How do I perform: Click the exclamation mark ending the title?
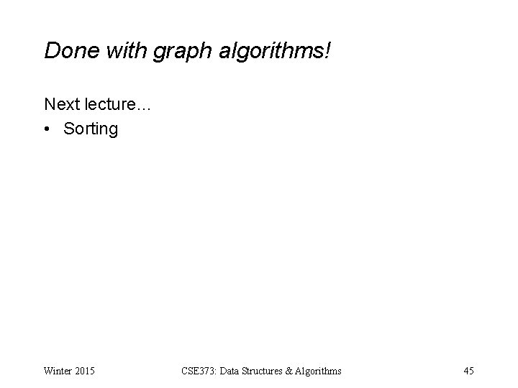pyautogui.click(x=327, y=50)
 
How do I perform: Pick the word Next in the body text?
pyautogui.click(x=60, y=104)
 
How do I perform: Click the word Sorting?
pyautogui.click(x=91, y=130)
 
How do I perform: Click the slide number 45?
pyautogui.click(x=468, y=371)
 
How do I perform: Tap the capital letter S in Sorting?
pyautogui.click(x=69, y=129)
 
